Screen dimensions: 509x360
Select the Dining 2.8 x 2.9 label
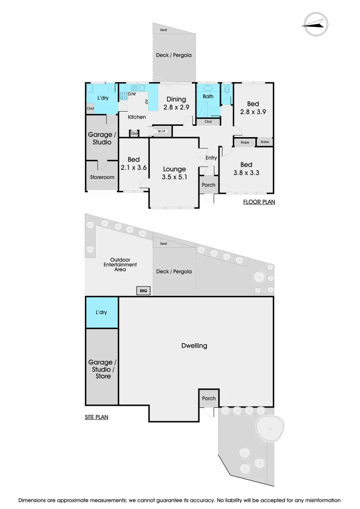pos(176,103)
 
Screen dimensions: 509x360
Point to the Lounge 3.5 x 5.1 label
pos(174,173)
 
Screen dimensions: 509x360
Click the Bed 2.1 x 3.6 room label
pos(133,164)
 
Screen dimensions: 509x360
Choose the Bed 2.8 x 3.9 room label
pos(253,107)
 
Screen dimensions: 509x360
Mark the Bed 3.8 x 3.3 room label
pos(246,168)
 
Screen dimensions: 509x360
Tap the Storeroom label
pos(102,177)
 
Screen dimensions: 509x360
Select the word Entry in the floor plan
pos(211,158)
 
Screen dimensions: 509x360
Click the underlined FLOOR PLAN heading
pos(259,202)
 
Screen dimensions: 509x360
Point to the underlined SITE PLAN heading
pos(97,417)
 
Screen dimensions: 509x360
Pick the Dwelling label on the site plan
pos(194,345)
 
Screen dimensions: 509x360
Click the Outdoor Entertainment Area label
pos(120,264)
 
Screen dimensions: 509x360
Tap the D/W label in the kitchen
pos(132,94)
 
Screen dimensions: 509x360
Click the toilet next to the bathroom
pos(227,89)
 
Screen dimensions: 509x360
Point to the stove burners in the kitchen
pos(124,96)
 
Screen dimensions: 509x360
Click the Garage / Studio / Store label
pos(101,369)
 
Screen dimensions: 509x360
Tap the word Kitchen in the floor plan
pos(136,117)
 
